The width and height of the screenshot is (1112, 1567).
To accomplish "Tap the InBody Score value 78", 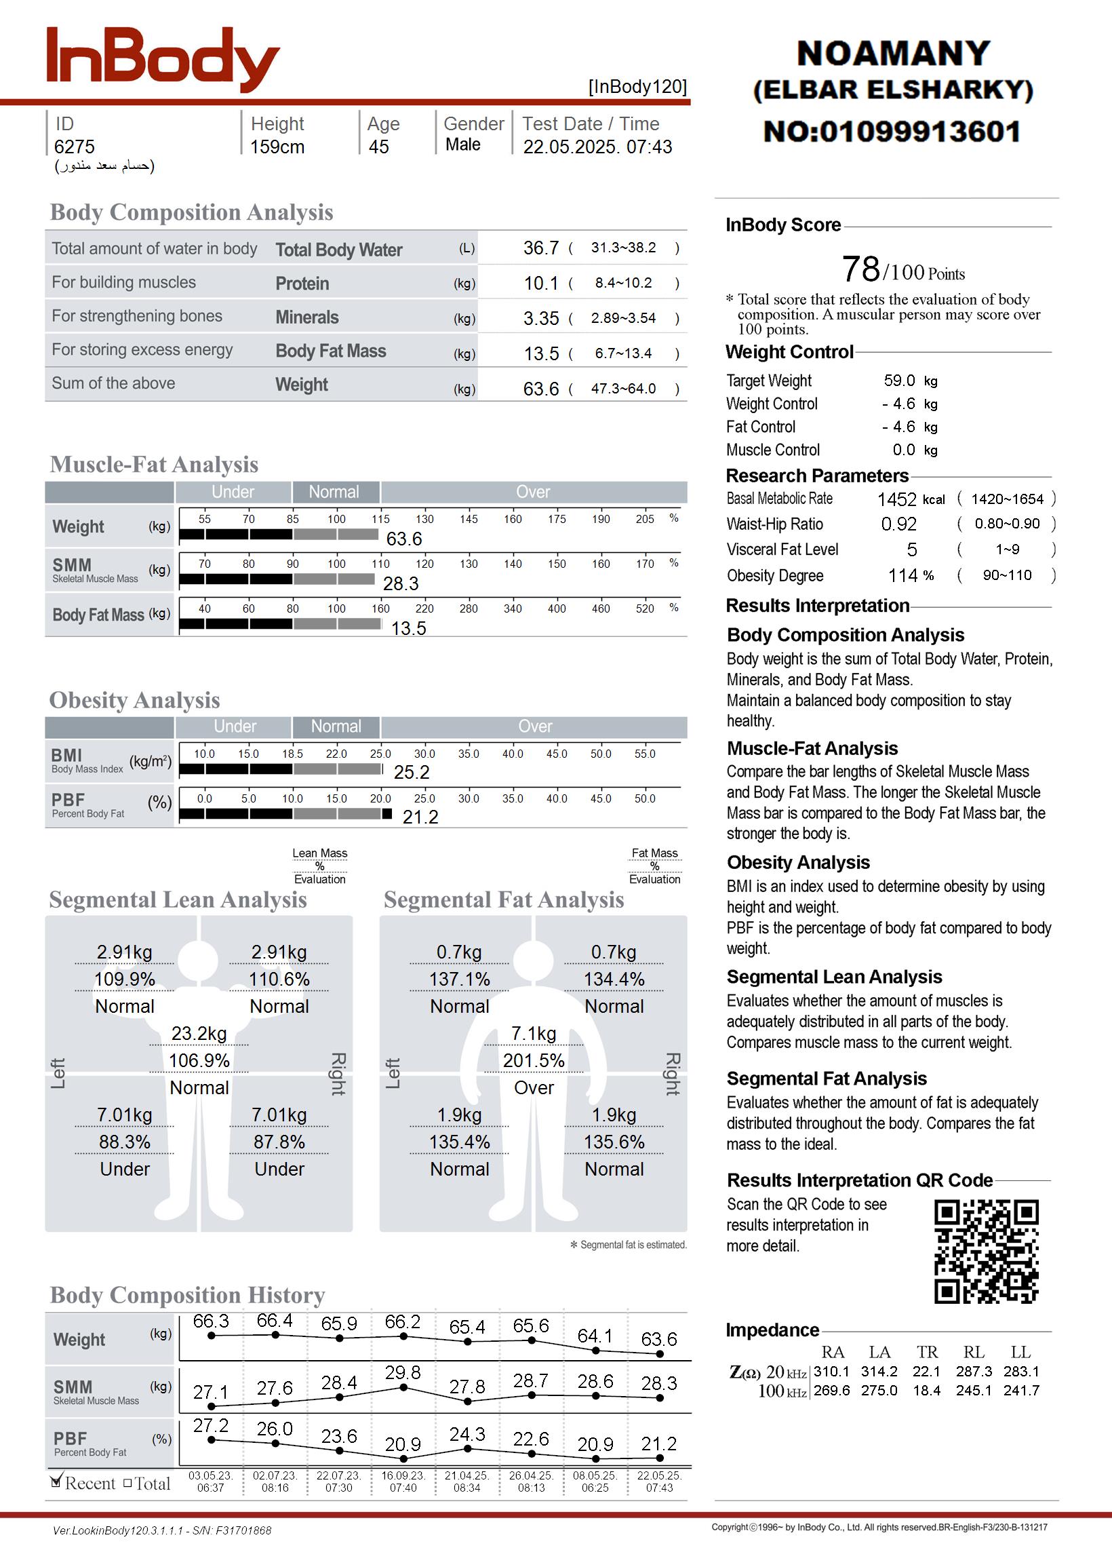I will [860, 269].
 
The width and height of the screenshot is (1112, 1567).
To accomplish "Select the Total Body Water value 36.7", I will [541, 248].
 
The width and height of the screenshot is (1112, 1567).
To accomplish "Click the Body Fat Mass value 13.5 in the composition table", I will [541, 354].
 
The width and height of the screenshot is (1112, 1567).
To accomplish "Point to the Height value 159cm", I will [277, 147].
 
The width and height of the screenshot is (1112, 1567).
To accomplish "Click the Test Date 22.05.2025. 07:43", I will [597, 147].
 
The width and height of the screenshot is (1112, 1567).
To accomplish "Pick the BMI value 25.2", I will [412, 773].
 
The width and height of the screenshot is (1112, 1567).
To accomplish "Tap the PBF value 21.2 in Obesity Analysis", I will [420, 817].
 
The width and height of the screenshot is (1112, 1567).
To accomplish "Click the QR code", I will [986, 1252].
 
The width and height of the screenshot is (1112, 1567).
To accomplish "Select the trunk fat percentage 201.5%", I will [534, 1061].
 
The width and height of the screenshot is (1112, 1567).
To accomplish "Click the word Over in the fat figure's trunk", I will [534, 1087].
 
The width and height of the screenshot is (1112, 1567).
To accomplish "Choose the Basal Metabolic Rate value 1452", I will [896, 499].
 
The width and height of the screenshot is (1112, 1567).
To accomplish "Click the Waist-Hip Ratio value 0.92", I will [898, 524].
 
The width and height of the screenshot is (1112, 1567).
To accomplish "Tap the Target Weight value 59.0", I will [899, 381].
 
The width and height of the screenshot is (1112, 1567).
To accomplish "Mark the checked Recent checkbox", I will [57, 1482].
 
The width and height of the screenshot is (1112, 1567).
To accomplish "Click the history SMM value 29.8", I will [402, 1373].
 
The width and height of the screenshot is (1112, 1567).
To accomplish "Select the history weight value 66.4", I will [274, 1321].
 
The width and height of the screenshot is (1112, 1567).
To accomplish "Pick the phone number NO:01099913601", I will [892, 132].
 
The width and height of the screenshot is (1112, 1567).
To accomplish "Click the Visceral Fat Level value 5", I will [911, 550].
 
